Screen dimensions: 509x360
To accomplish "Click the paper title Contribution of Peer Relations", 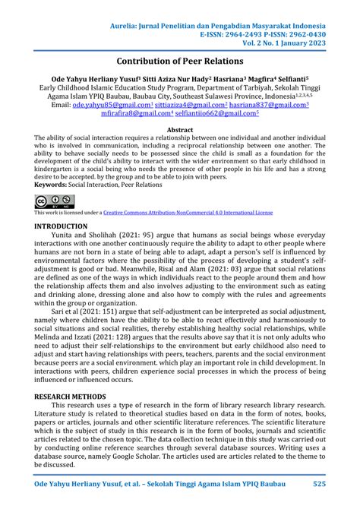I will coord(179,59).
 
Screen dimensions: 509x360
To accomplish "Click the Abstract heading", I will coord(179,130).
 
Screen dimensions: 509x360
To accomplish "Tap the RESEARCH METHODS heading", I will coord(74,396).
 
